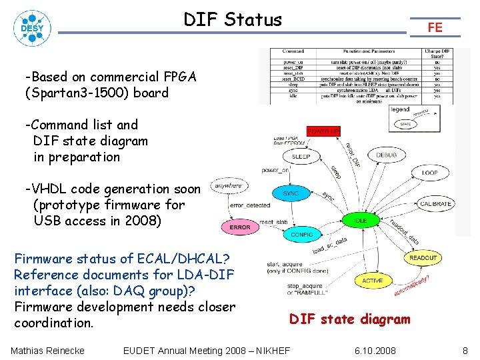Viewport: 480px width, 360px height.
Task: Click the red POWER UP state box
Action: (x=323, y=131)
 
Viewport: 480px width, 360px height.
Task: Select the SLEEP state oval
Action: (x=301, y=157)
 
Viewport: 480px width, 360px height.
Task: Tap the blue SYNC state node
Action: (x=291, y=193)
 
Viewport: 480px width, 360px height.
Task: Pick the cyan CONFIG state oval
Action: (x=302, y=235)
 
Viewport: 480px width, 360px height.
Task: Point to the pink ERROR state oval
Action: (x=240, y=227)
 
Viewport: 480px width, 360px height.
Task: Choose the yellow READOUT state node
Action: (x=423, y=257)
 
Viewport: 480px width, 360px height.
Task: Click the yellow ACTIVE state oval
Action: (x=373, y=281)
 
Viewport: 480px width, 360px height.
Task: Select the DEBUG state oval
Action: (x=386, y=155)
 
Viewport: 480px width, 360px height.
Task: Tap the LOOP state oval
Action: (x=430, y=172)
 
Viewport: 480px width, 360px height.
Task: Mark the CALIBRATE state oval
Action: (x=436, y=203)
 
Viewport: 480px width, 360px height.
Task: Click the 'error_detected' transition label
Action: (x=250, y=205)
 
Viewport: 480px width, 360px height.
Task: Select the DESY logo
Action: (x=31, y=27)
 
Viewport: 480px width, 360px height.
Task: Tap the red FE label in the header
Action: (x=435, y=27)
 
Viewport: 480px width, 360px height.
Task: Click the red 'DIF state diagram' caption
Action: (x=349, y=319)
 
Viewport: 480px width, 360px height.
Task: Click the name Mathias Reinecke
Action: (x=48, y=351)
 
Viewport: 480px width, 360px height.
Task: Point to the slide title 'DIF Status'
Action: (x=233, y=20)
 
